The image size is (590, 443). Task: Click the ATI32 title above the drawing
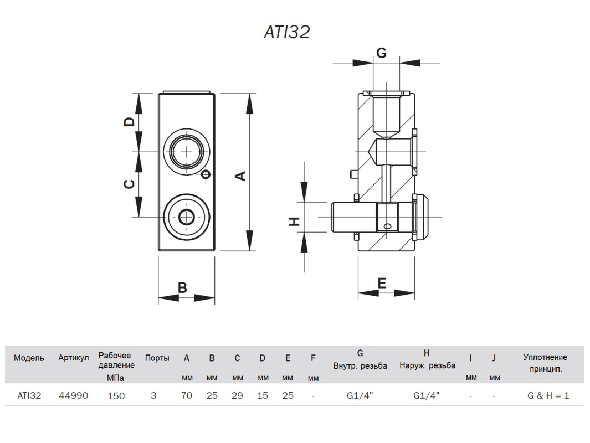point(286,32)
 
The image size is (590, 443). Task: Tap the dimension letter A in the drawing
point(241,176)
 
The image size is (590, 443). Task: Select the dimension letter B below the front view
point(182,288)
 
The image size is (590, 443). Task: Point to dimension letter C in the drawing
point(129,184)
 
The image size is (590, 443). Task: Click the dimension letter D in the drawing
point(129,122)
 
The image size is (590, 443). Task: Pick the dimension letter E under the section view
point(381,283)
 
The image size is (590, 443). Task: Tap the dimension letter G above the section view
point(381,53)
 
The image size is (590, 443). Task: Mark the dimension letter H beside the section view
point(295,221)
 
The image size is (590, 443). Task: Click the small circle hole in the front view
point(206,174)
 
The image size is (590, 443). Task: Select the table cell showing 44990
point(73,396)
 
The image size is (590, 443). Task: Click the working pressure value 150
point(116,396)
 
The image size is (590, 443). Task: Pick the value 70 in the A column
point(187,396)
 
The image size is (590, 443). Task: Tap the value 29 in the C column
point(237,396)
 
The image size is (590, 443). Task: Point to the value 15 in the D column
point(262,396)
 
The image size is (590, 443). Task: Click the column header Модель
point(29,358)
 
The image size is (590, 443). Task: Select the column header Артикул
point(73,358)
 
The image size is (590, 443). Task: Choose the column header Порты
point(157,358)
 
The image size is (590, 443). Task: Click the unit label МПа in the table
point(116,378)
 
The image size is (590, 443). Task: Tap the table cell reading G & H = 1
point(548,396)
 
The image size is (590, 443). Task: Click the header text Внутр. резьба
point(360,366)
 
